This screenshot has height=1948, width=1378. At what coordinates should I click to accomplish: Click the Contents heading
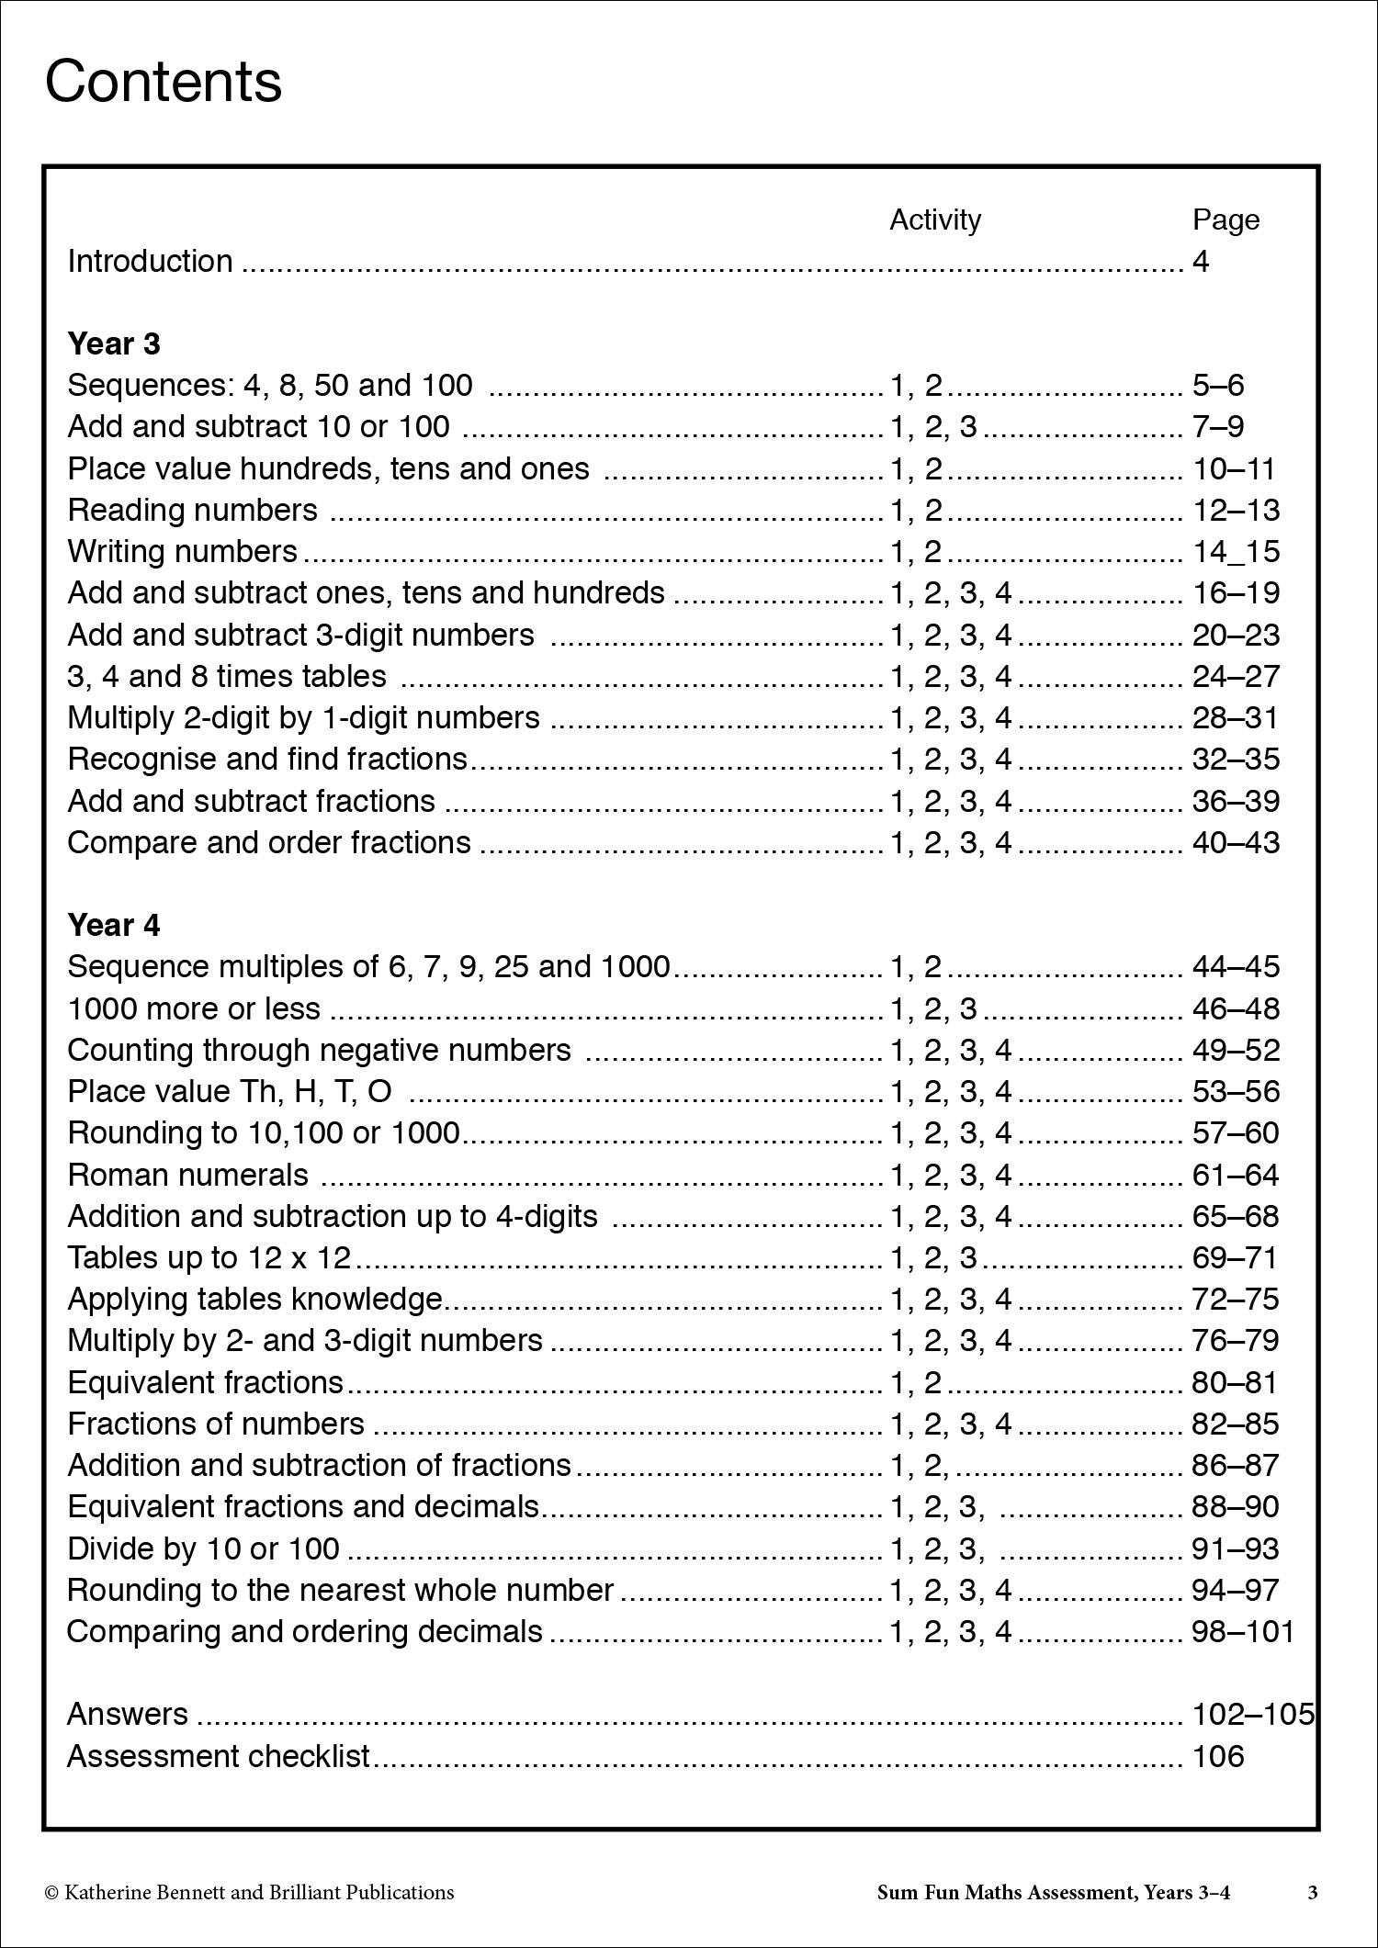(164, 82)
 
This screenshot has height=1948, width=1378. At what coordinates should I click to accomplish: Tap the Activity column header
(934, 220)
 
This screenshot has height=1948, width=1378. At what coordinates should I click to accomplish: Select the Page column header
(1226, 220)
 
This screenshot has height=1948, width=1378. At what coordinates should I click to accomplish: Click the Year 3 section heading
(114, 343)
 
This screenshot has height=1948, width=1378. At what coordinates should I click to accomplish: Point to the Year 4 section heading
(114, 925)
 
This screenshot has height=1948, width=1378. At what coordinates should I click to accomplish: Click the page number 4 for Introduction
(1201, 262)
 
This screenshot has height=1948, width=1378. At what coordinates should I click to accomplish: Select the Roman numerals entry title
(188, 1175)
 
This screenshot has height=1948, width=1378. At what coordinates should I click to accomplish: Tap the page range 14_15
(1236, 551)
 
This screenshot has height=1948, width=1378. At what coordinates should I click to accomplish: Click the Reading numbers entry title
(193, 510)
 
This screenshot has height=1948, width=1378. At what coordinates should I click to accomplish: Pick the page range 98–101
(1243, 1631)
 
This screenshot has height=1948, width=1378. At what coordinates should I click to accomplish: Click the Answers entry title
(128, 1714)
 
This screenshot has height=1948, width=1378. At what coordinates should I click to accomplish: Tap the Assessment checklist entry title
(219, 1756)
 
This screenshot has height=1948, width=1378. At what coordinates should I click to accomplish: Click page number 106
(1218, 1756)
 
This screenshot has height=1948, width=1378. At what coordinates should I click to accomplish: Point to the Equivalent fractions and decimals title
(303, 1507)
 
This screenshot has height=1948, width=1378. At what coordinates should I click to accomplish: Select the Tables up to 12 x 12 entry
(209, 1257)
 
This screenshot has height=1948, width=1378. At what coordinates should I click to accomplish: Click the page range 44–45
(1236, 966)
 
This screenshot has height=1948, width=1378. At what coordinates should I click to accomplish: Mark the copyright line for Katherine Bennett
(249, 1892)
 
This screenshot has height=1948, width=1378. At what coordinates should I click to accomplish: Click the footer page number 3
(1313, 1892)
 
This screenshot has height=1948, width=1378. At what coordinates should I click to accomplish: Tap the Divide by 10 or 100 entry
(204, 1548)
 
